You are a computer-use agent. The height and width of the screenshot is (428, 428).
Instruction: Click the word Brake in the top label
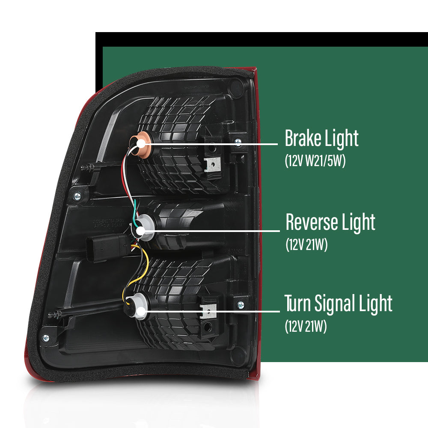(x=303, y=138)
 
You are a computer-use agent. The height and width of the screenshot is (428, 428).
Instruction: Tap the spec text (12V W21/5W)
(x=315, y=160)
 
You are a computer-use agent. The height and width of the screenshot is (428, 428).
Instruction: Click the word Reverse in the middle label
(x=312, y=222)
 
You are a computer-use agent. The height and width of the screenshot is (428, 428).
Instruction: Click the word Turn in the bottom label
(x=298, y=303)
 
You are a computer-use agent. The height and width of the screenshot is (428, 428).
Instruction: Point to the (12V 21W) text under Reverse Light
(x=306, y=244)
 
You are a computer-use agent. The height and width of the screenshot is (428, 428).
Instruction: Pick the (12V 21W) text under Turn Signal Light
(x=306, y=326)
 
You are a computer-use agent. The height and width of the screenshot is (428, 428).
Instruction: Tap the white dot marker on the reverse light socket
(x=140, y=231)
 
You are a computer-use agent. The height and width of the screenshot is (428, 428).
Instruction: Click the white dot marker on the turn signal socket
(x=141, y=312)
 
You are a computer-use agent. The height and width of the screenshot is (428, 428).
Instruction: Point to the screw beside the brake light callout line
(x=238, y=141)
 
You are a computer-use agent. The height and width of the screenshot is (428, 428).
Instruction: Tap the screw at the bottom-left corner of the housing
(x=46, y=338)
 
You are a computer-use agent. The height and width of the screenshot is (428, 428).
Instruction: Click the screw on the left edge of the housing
(x=77, y=196)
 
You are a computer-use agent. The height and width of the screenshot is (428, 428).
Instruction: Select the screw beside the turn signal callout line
(x=241, y=305)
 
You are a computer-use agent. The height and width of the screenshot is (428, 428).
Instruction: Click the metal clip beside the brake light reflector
(x=213, y=164)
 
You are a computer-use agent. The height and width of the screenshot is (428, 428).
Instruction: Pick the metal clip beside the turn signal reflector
(x=209, y=311)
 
